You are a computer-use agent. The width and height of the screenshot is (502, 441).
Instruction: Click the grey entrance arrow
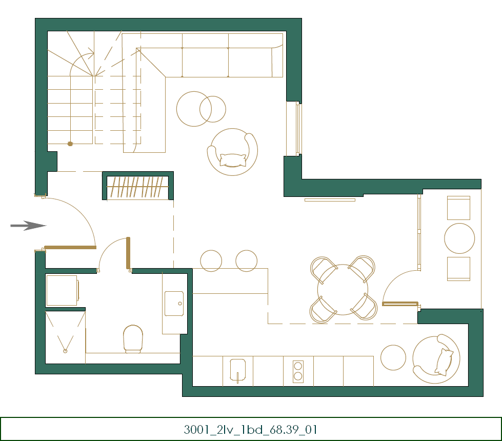click(x=29, y=226)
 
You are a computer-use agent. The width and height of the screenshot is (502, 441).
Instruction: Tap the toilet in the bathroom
click(x=133, y=339)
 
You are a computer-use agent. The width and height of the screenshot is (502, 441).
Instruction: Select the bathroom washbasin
click(x=174, y=303)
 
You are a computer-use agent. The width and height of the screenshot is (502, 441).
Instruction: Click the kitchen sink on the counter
click(x=237, y=371)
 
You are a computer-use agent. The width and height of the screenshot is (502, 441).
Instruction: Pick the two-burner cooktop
click(x=298, y=371)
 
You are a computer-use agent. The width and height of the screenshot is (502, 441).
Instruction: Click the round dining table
click(x=343, y=290)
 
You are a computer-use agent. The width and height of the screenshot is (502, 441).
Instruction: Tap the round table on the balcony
click(x=459, y=238)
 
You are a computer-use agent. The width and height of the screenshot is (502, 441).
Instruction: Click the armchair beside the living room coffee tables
click(x=232, y=152)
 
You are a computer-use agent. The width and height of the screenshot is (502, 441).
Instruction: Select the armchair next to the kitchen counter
click(x=436, y=359)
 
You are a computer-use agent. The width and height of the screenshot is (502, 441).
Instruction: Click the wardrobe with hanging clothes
click(x=137, y=186)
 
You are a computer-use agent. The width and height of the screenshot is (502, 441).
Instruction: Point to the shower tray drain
click(x=65, y=351)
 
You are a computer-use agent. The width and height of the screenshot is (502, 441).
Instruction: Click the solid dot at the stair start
click(x=70, y=144)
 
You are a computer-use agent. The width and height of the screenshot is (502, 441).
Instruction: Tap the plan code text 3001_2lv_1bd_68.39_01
click(x=250, y=430)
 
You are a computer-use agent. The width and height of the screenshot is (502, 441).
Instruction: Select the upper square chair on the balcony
click(x=458, y=208)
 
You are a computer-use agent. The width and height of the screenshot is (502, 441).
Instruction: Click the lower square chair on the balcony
click(x=458, y=269)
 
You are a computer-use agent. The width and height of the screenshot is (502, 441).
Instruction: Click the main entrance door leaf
click(x=70, y=247)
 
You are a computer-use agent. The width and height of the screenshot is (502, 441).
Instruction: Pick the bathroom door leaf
click(x=128, y=253)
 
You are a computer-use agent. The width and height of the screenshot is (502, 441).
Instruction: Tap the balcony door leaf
click(x=400, y=304)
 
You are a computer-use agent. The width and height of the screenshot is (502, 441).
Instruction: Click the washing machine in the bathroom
click(x=63, y=290)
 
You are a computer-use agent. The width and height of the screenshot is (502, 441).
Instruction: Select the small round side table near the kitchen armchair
click(x=393, y=357)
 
